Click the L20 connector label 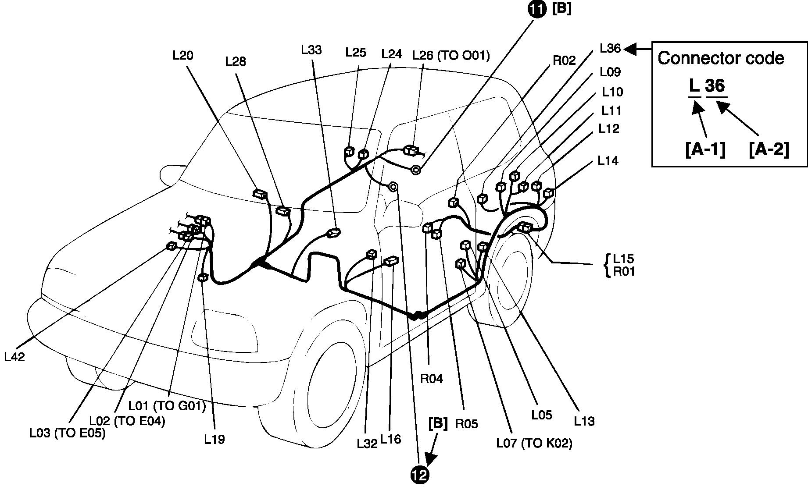click(183, 56)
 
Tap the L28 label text click(236, 62)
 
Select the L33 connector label click(311, 50)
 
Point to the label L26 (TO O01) click(451, 55)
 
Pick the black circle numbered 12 click(420, 475)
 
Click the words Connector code click(721, 58)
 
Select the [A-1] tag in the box click(705, 150)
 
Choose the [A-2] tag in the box click(769, 150)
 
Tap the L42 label click(14, 357)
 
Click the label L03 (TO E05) click(68, 433)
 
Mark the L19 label click(215, 439)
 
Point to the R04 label click(432, 379)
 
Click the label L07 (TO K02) click(534, 443)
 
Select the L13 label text click(584, 421)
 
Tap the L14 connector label click(608, 161)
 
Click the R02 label click(564, 60)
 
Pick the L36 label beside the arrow click(610, 48)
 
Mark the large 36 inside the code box click(715, 86)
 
